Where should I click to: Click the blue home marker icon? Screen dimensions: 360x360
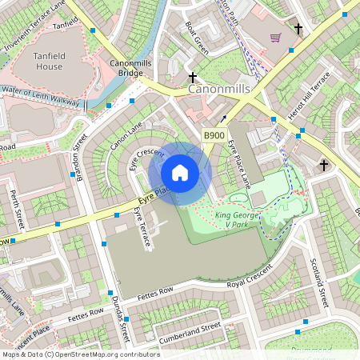180,173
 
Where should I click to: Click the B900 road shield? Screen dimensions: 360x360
214,136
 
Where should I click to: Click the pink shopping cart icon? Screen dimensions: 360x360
275,37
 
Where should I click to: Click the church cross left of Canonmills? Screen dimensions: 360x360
193,78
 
